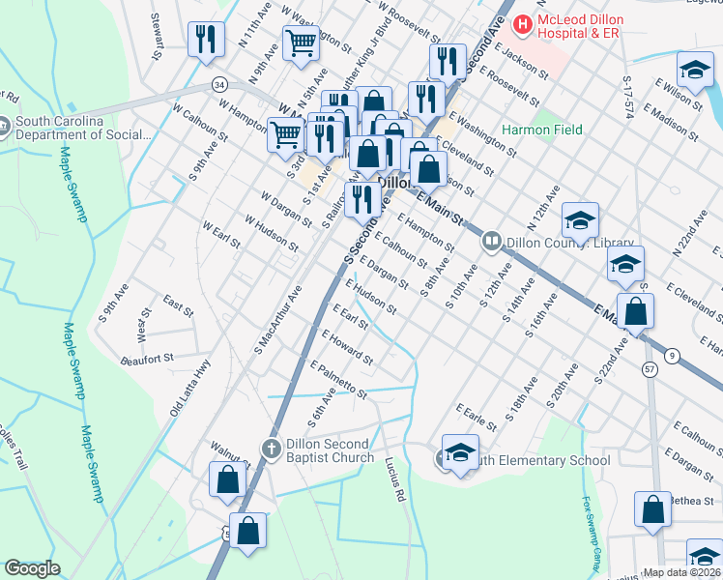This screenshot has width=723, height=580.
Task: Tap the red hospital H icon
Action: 523,20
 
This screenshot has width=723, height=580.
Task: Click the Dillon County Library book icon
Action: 492,242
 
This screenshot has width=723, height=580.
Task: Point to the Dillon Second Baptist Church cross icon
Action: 272,448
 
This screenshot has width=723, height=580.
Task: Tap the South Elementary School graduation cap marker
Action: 460,452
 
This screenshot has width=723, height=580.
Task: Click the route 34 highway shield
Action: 220,85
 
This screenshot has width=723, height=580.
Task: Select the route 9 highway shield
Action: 671,356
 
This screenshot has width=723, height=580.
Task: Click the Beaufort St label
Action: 146,358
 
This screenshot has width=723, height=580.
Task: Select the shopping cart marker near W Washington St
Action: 301,42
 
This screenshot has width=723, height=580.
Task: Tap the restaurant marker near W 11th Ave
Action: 205,39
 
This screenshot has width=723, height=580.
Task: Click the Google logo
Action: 32,567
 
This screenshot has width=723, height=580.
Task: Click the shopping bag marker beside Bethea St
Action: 652,508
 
